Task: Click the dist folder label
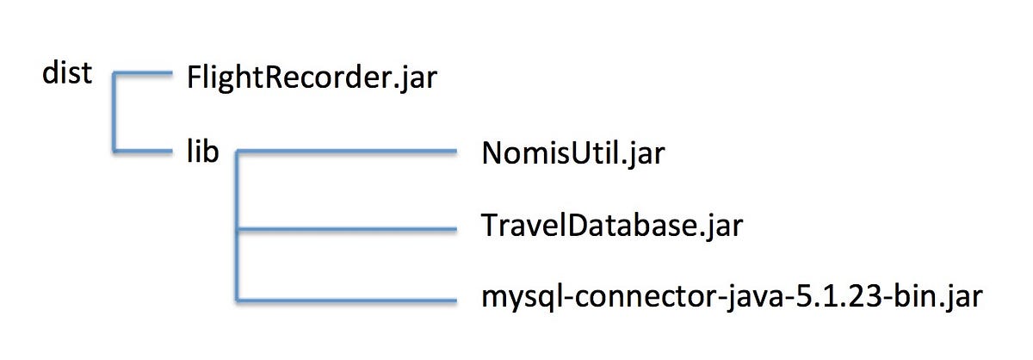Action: (66, 75)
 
